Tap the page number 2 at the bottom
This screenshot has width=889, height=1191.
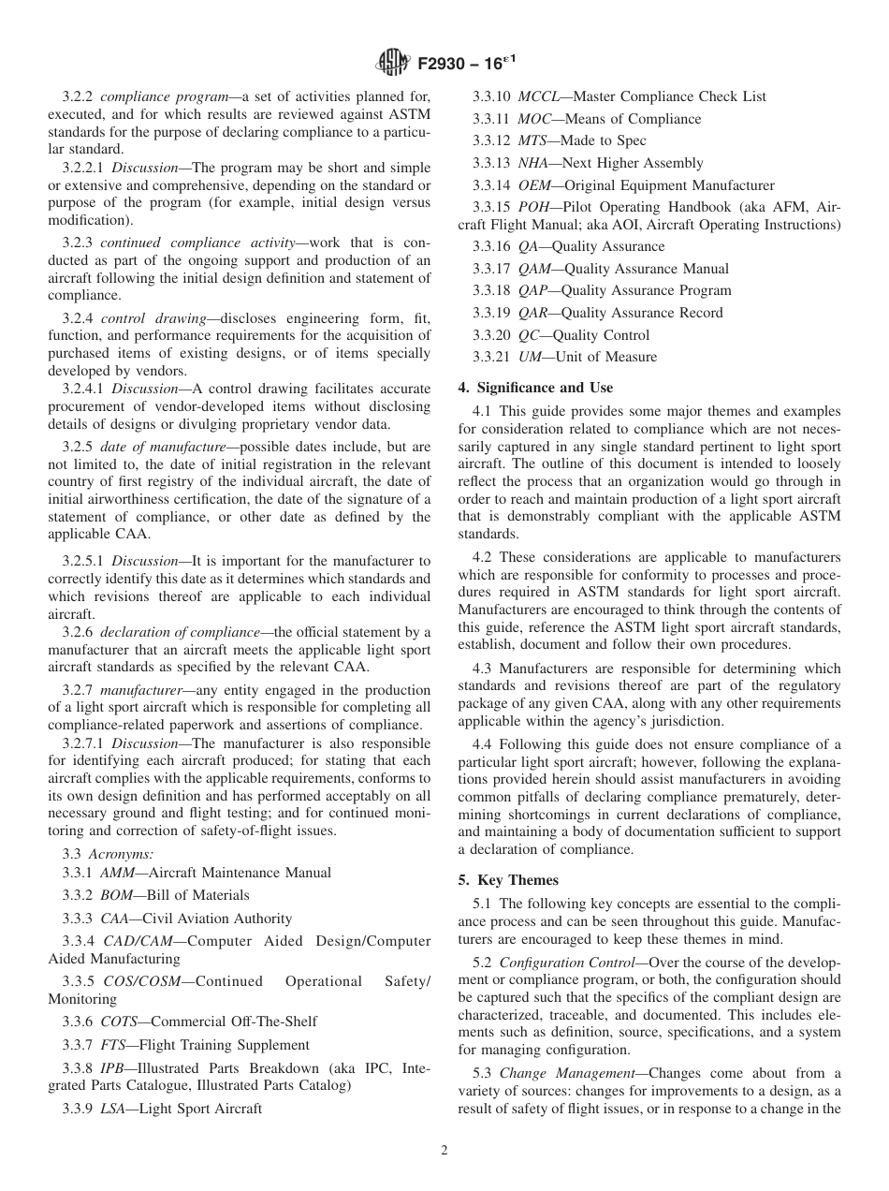444,1151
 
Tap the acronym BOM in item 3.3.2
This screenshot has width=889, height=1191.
115,895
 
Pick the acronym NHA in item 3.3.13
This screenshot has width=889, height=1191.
533,163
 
